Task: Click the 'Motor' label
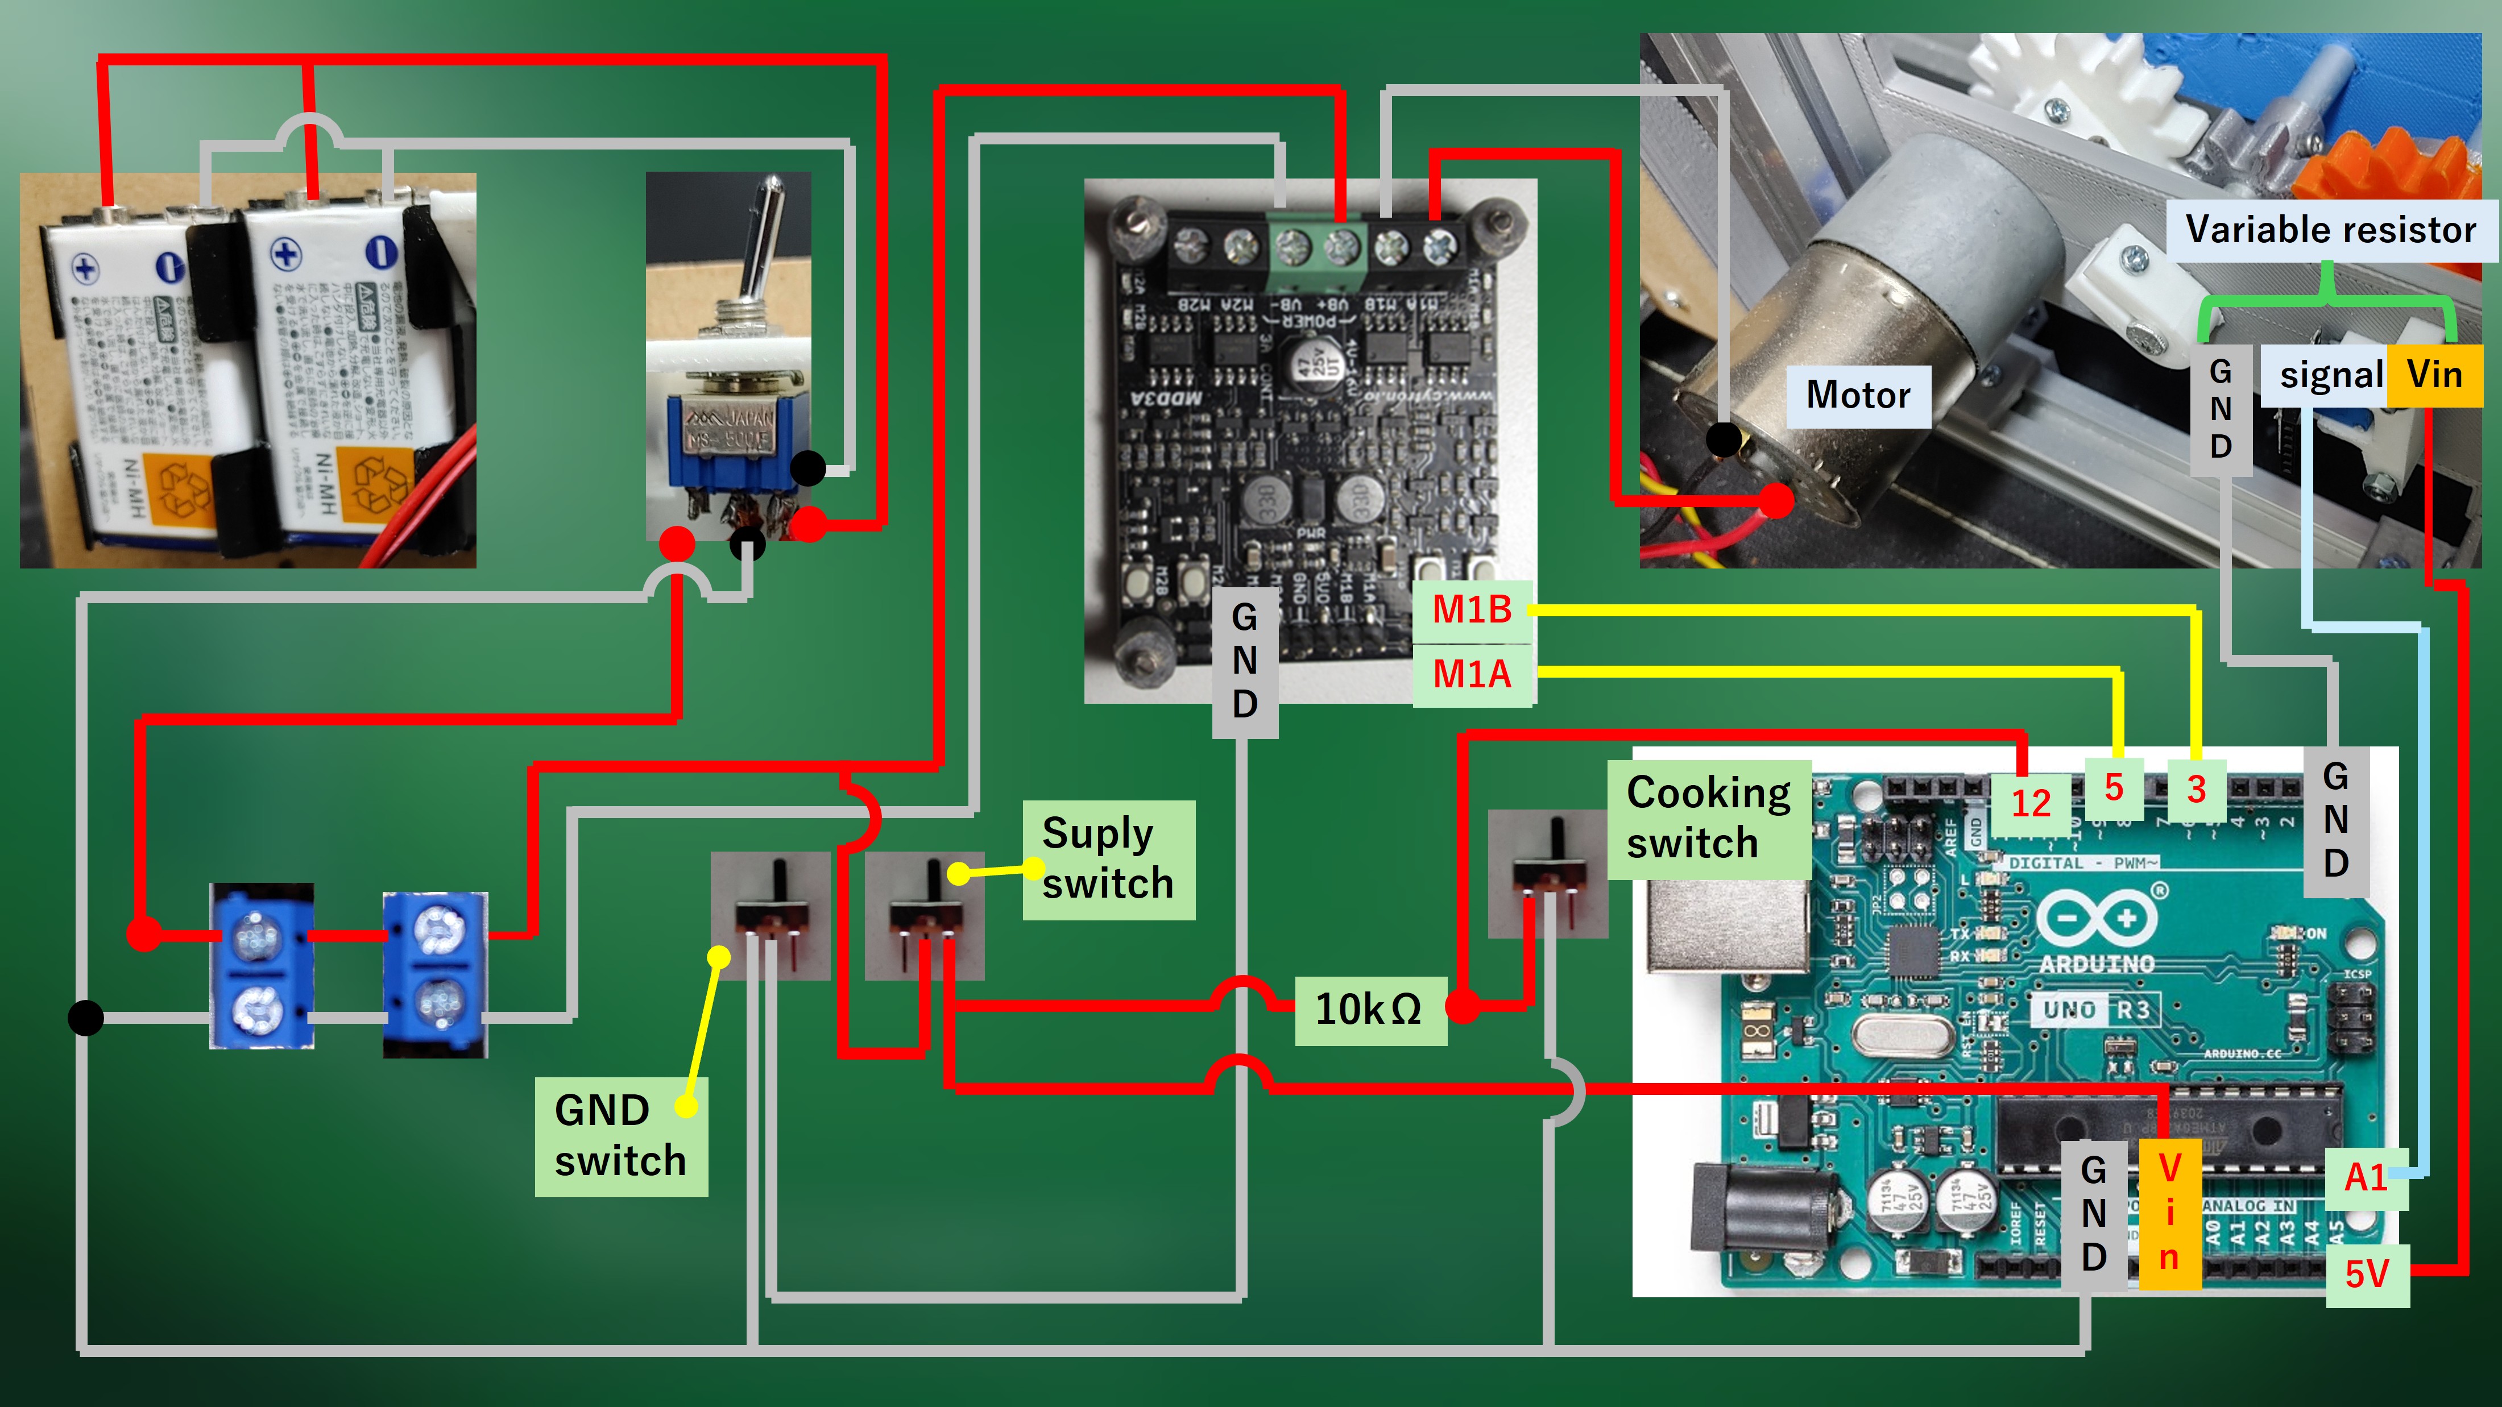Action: [x=1858, y=395]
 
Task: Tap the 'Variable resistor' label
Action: [x=2330, y=230]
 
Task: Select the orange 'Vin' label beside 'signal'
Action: [x=2434, y=375]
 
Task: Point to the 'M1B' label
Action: [x=1472, y=610]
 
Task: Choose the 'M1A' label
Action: [x=1472, y=674]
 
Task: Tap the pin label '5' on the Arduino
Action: [x=2114, y=787]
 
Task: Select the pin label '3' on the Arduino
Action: [x=2196, y=790]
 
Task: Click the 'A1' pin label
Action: [x=2366, y=1178]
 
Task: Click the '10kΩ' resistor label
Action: [x=1369, y=1010]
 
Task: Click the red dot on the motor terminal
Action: [x=1776, y=500]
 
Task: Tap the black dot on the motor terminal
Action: [x=1724, y=439]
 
